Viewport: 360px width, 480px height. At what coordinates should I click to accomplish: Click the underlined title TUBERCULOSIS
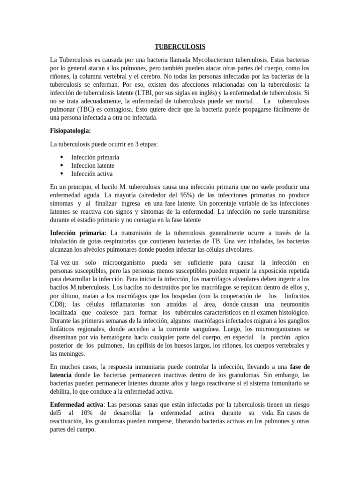pyautogui.click(x=180, y=47)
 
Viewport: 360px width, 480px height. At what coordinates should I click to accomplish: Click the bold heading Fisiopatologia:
pyautogui.click(x=71, y=130)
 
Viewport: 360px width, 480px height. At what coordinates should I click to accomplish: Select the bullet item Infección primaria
pyautogui.click(x=95, y=157)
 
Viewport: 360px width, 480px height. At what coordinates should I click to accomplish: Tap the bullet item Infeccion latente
pyautogui.click(x=93, y=165)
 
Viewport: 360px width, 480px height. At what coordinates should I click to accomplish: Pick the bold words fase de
pyautogui.click(x=300, y=367)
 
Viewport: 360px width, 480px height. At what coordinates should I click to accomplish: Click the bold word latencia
pyautogui.click(x=61, y=375)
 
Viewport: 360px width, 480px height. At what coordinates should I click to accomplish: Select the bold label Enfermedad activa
pyautogui.click(x=76, y=404)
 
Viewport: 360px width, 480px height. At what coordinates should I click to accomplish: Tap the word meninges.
pyautogui.click(x=72, y=354)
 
